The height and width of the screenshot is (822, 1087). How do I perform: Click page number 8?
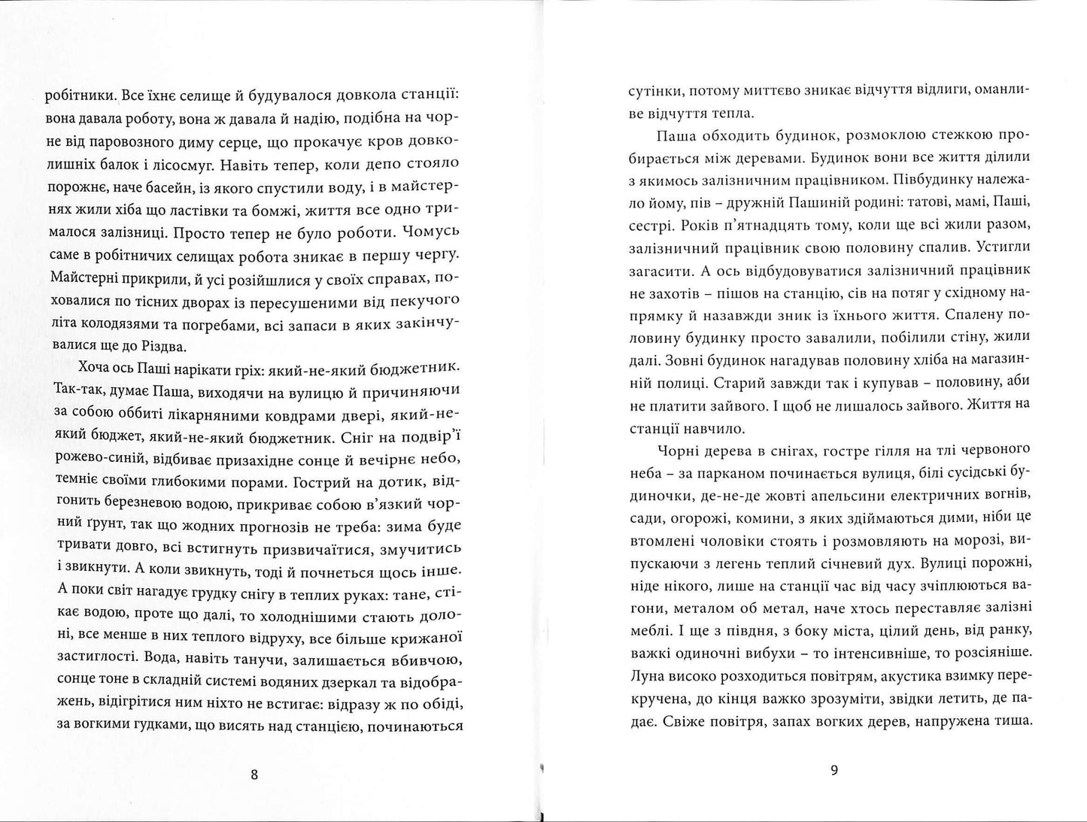point(254,775)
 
